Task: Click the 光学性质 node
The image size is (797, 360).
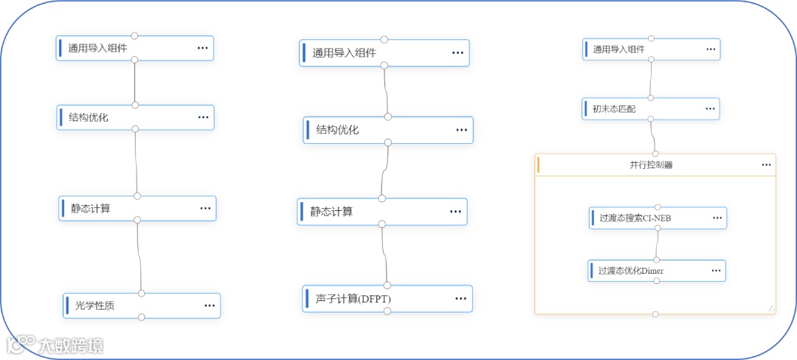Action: pos(100,305)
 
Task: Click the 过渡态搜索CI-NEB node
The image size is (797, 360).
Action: pos(635,218)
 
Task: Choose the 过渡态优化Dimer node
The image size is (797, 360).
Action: pos(631,271)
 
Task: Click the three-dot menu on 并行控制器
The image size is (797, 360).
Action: pos(767,165)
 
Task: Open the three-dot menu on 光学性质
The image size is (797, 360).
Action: pos(210,305)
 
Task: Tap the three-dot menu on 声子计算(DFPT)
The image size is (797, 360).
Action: pos(461,299)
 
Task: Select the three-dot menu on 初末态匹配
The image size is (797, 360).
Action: pos(710,108)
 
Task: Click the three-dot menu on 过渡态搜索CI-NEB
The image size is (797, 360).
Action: pos(717,218)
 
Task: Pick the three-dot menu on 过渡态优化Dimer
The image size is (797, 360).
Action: pos(716,271)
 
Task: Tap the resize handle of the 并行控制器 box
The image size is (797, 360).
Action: pos(770,308)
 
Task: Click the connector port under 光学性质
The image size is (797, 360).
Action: pos(142,317)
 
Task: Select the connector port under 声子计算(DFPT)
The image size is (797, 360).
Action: pos(387,311)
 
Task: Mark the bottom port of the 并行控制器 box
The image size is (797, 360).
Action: pos(655,314)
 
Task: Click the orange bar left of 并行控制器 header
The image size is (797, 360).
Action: pos(539,165)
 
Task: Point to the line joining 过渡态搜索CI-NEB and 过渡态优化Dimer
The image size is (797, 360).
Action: pos(657,244)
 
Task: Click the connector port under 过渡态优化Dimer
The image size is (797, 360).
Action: pos(656,281)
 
